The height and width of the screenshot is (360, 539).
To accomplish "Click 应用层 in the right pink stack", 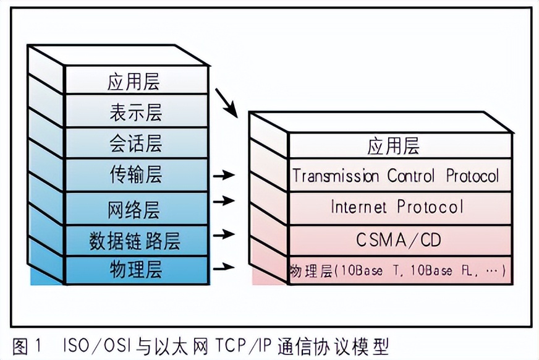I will pos(394,146).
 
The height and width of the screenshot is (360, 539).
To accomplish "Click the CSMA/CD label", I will pos(399,239).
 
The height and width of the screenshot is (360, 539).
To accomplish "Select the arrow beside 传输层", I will pos(224,176).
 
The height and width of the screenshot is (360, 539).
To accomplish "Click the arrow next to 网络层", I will pos(224,200).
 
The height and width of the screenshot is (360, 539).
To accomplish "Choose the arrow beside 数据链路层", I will pos(224,234).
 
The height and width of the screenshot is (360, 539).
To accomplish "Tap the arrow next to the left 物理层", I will pos(224,268).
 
